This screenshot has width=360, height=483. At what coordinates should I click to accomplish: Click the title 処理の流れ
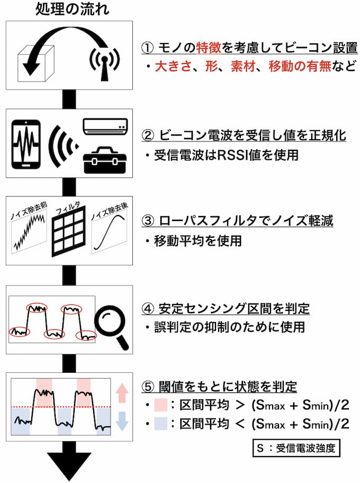click(72, 8)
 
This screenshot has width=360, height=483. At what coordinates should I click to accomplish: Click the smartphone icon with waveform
click(26, 144)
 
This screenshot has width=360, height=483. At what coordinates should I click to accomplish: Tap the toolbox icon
click(105, 160)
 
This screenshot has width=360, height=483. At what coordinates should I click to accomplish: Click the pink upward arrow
click(122, 393)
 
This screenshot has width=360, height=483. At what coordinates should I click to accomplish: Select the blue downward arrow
click(122, 421)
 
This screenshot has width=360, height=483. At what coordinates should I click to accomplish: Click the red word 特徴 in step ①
click(209, 48)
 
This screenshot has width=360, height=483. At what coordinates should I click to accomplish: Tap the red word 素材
click(243, 66)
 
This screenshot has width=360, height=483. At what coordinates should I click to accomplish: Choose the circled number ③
click(148, 221)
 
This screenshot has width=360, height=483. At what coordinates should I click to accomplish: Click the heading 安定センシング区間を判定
click(234, 308)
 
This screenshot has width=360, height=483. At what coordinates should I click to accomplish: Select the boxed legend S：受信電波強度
click(296, 448)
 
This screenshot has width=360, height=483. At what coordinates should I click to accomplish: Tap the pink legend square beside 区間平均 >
click(161, 405)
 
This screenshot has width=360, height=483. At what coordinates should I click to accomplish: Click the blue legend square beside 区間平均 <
click(161, 424)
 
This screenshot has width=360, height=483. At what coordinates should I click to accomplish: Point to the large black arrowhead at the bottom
click(69, 466)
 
